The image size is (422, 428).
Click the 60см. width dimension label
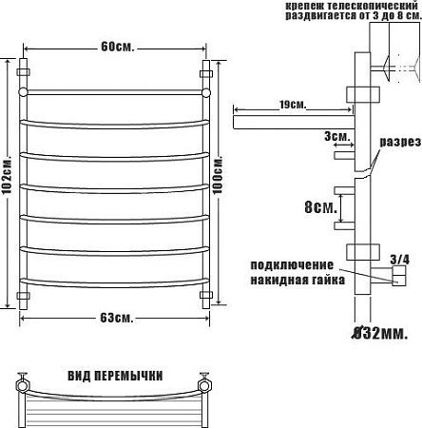pos(118,47)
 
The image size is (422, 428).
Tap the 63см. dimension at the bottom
pos(117,318)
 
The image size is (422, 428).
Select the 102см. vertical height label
pos(7,174)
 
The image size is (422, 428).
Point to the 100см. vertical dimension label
pos(218,174)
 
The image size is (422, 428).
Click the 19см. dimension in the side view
pos(293,105)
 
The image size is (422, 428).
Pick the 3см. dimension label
pos(337,136)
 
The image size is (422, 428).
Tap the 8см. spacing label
pos(320,207)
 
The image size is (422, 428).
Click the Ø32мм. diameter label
pos(380,333)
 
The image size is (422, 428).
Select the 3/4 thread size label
pos(399,260)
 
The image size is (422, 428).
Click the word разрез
pos(401,142)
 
